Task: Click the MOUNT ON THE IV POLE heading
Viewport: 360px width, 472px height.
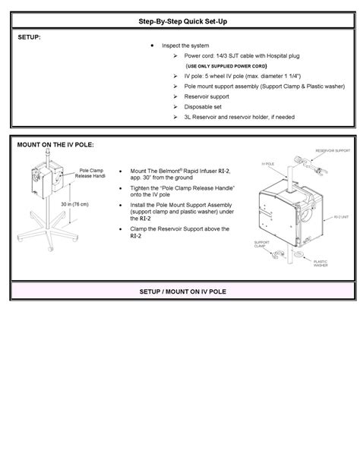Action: (x=56, y=144)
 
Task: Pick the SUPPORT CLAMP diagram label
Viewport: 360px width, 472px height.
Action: (x=261, y=244)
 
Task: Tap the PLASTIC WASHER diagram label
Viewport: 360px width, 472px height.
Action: (x=321, y=263)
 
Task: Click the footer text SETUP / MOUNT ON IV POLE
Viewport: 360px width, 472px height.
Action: (x=180, y=291)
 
